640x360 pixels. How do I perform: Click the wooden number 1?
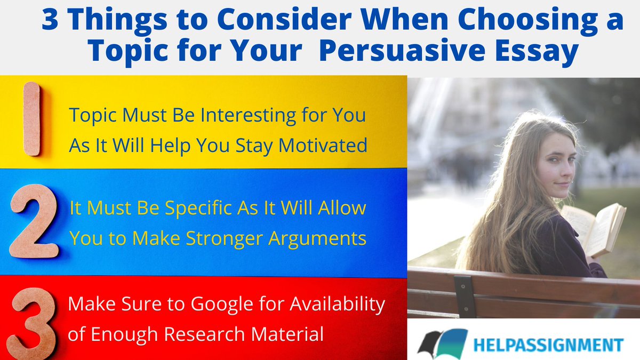31,119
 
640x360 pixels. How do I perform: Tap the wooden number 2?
33,221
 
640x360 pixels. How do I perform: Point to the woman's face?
556,162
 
